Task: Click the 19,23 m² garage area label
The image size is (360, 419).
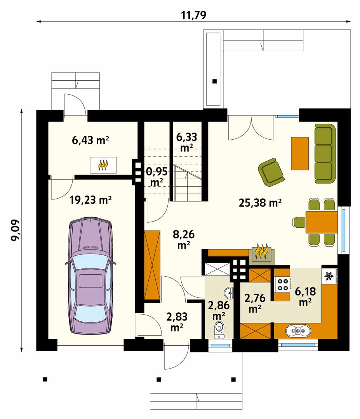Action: click(x=90, y=200)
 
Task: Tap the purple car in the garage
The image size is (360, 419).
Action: click(x=90, y=276)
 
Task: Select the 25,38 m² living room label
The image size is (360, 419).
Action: click(x=260, y=203)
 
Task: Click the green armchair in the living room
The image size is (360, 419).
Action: click(x=271, y=172)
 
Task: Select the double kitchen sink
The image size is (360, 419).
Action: click(x=298, y=331)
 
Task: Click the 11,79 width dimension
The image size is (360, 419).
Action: click(x=194, y=15)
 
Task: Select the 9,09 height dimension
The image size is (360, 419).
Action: click(x=15, y=230)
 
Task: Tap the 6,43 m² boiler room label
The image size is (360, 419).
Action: click(x=90, y=140)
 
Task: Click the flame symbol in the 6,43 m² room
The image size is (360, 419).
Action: click(x=103, y=165)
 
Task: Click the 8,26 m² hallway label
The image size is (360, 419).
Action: click(x=184, y=239)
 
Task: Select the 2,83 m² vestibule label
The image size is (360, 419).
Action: click(x=177, y=322)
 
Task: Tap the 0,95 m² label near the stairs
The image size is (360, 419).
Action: click(x=157, y=177)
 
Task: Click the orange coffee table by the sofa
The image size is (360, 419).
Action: click(x=299, y=153)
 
